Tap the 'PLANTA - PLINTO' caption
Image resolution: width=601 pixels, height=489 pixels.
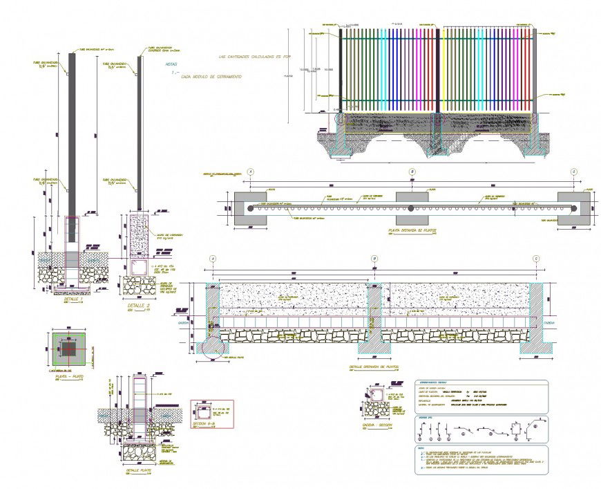[x=69, y=378]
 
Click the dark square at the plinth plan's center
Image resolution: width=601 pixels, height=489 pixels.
[x=69, y=349]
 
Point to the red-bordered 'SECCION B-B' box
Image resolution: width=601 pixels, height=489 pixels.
[x=212, y=414]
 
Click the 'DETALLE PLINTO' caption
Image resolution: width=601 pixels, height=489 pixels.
[x=139, y=470]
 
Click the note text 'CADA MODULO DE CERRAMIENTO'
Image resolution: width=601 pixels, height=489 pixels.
[x=211, y=77]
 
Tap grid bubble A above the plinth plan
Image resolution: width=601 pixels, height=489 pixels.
[x=251, y=172]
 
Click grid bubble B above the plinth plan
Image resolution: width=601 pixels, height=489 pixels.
[x=412, y=172]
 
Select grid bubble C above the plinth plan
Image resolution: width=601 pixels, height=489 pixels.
[x=573, y=172]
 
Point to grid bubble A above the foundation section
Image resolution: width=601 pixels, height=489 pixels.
[x=213, y=259]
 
